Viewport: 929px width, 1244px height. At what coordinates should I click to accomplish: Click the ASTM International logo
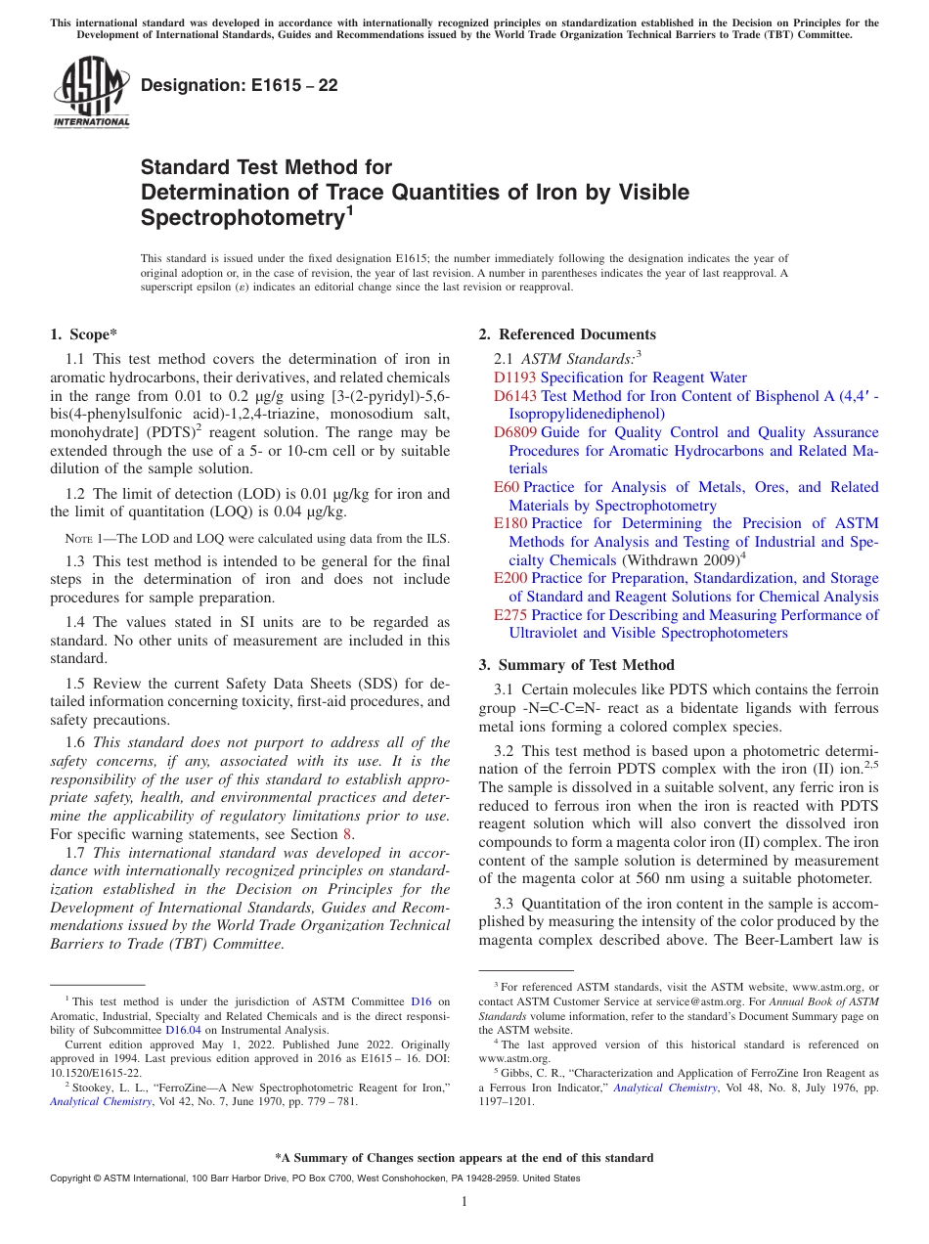click(x=91, y=93)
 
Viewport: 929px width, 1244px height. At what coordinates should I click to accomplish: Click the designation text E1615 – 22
click(x=240, y=85)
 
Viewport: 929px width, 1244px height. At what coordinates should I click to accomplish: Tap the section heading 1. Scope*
click(x=84, y=334)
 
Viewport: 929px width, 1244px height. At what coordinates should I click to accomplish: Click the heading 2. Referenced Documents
click(x=567, y=334)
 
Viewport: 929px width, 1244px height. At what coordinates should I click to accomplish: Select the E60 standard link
click(x=507, y=487)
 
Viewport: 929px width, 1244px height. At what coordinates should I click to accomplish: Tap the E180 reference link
click(x=510, y=523)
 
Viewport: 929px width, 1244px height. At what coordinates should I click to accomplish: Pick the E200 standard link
click(x=510, y=578)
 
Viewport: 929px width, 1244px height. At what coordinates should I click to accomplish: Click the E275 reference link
click(x=510, y=615)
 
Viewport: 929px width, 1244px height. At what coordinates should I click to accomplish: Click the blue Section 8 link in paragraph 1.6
click(x=345, y=834)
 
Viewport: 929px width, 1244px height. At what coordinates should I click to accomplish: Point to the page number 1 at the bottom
click(x=464, y=1202)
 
